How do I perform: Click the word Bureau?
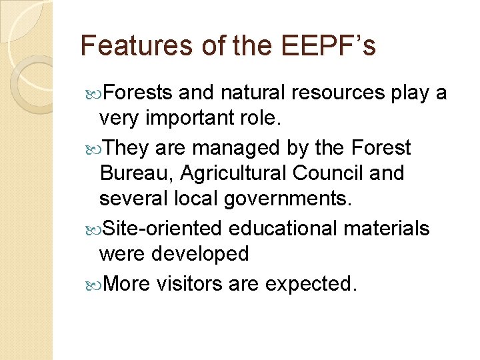tap(135, 174)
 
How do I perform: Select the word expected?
tap(311, 283)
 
